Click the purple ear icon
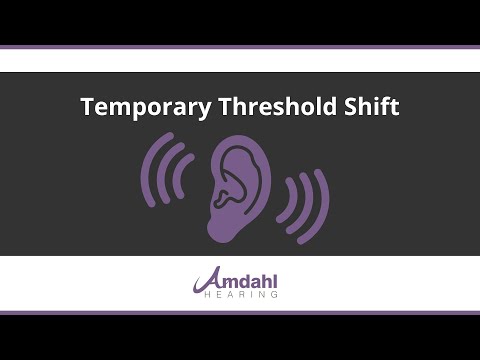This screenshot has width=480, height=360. (x=237, y=185)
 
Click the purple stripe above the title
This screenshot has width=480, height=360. (x=240, y=48)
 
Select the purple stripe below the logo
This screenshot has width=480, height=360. (x=240, y=313)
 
